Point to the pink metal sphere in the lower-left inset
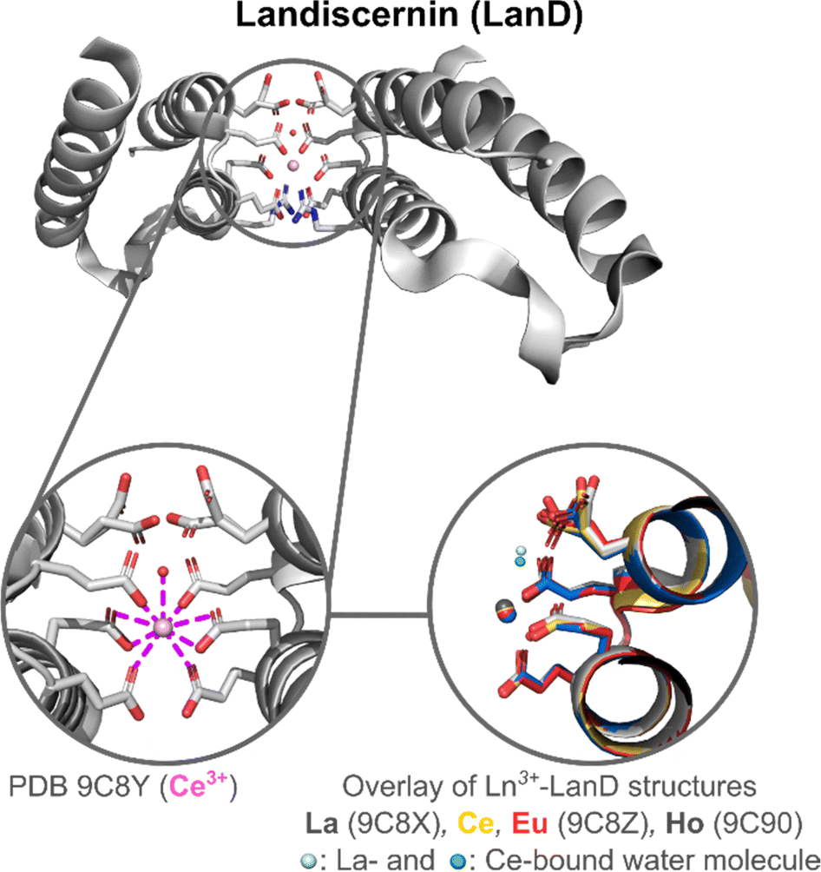161,625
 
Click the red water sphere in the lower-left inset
162,571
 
